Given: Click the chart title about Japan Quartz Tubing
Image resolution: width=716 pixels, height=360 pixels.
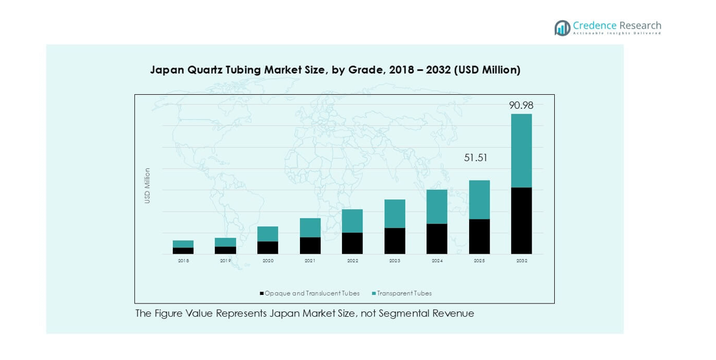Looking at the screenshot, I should (335, 70).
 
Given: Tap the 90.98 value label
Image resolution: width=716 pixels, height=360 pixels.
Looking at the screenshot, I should (521, 105).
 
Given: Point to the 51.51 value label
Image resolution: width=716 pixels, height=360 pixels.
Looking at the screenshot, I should (476, 158).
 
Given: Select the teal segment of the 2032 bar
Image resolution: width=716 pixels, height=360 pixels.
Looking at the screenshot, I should (521, 151).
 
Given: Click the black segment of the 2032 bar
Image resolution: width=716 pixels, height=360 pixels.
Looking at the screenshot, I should (521, 220).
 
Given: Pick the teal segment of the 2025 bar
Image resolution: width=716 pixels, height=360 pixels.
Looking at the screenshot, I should (479, 199).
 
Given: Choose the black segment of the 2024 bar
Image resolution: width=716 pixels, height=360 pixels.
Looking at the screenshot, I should (437, 238).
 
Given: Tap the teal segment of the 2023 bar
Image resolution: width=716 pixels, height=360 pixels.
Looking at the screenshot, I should (394, 213).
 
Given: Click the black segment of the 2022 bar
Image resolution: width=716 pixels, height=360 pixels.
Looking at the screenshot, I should (352, 243).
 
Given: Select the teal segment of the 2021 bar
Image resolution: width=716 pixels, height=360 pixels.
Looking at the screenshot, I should (310, 227).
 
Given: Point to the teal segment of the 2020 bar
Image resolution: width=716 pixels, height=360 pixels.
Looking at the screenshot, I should (268, 234).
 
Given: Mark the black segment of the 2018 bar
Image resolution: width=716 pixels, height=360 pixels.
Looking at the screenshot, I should (183, 251).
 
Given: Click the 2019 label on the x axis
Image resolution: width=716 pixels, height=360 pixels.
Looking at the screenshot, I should (225, 260).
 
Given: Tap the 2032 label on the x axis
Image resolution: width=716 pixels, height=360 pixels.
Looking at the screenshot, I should (521, 260).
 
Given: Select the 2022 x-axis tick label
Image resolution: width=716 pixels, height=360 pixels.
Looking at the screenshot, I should (352, 260).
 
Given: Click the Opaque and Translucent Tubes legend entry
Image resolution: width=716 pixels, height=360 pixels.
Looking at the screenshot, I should (310, 293).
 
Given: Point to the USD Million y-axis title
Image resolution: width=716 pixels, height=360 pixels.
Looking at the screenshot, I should (147, 185).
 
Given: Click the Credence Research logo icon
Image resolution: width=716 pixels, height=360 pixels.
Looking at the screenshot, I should (562, 28).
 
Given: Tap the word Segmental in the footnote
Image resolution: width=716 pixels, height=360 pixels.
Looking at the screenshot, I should (407, 314).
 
